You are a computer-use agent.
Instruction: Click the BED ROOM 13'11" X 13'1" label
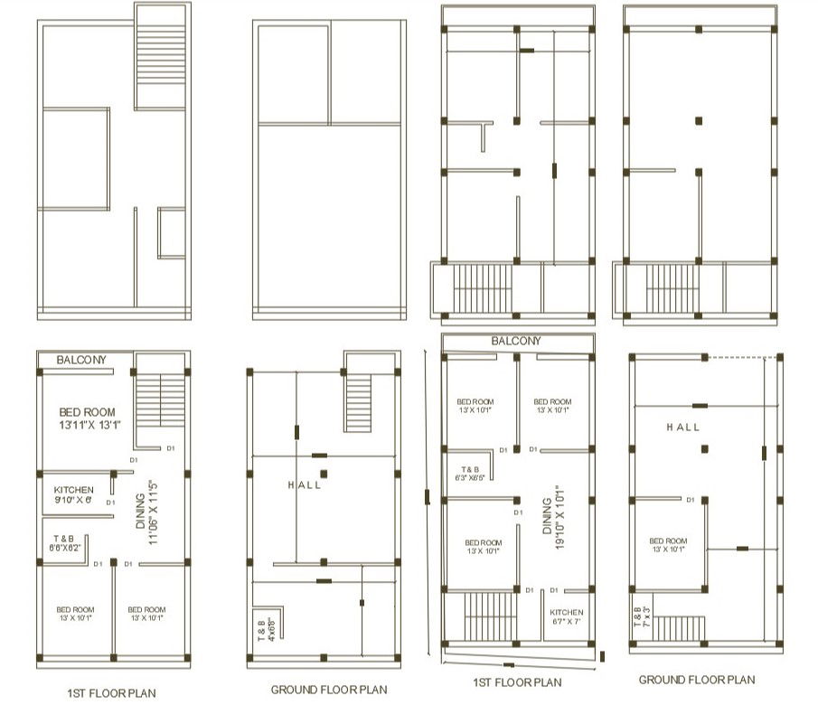pyautogui.click(x=89, y=418)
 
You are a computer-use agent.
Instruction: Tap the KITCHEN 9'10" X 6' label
pyautogui.click(x=73, y=494)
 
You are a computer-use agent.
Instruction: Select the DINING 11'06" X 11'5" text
pyautogui.click(x=146, y=512)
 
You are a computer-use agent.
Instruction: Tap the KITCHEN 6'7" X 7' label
pyautogui.click(x=567, y=616)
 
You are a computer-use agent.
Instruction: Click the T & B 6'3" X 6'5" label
pyautogui.click(x=470, y=474)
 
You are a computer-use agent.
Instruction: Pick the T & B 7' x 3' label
pyautogui.click(x=640, y=615)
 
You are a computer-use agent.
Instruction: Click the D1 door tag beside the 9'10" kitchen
pyautogui.click(x=110, y=503)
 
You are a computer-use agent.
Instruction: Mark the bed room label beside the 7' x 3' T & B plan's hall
pyautogui.click(x=668, y=545)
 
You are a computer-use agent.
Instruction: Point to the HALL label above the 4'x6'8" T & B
pyautogui.click(x=305, y=485)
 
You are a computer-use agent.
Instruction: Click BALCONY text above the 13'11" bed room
pyautogui.click(x=81, y=360)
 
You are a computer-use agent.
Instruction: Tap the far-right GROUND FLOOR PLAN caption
pyautogui.click(x=696, y=680)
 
